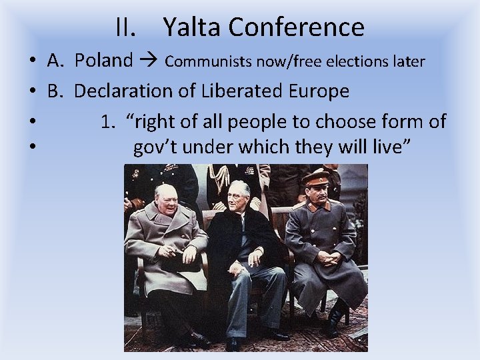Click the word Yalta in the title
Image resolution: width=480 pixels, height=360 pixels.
[x=192, y=27]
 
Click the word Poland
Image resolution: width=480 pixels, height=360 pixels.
[x=103, y=61]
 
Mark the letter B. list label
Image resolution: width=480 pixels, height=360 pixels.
[x=55, y=91]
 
